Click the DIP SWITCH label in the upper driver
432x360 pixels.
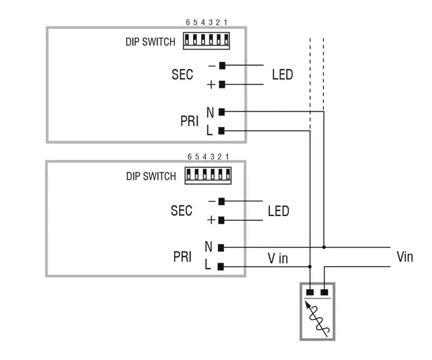[150, 41]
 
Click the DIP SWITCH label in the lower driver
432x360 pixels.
[151, 176]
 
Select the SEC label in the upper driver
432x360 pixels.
[182, 74]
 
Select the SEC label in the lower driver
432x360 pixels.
[182, 211]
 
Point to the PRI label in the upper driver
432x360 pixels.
[189, 122]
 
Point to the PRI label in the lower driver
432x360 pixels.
[182, 257]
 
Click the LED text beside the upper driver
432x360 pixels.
[282, 74]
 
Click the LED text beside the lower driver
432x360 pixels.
[278, 211]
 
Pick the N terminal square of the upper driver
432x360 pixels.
[221, 111]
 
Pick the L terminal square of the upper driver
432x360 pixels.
[221, 130]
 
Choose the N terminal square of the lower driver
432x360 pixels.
[221, 248]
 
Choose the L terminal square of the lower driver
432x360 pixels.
[221, 267]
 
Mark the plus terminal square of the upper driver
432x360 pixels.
[222, 84]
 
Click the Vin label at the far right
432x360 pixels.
[404, 257]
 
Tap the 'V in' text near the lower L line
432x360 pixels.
[277, 257]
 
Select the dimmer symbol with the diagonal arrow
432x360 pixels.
[317, 311]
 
